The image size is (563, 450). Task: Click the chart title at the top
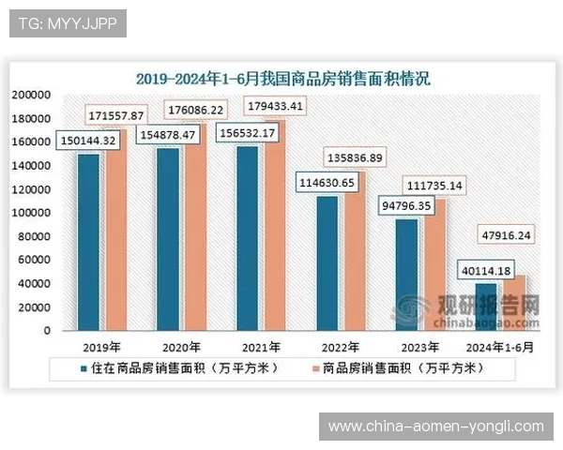coord(281,79)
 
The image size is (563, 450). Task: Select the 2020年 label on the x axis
coord(176,345)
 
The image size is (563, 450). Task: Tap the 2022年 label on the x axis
coord(333,345)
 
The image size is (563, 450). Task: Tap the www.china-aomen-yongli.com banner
coord(435,427)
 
